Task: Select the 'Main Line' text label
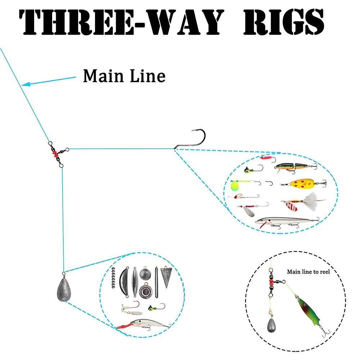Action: tap(124, 76)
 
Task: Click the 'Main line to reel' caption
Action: tap(308, 272)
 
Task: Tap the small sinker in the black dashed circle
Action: tap(271, 325)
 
